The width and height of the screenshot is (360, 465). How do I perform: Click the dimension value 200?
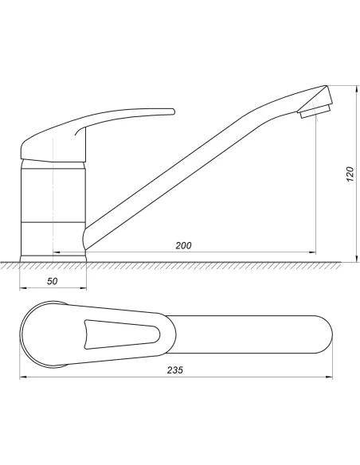click(x=183, y=245)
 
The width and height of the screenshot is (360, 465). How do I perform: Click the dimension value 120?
click(x=350, y=174)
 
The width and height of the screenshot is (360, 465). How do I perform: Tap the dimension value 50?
click(x=53, y=281)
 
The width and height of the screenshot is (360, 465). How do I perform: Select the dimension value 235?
click(x=175, y=370)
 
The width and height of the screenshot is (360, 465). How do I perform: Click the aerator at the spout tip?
click(x=315, y=111)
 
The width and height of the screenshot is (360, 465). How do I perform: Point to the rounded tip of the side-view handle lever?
click(x=173, y=111)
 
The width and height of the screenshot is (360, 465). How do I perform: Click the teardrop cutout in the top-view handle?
click(x=122, y=334)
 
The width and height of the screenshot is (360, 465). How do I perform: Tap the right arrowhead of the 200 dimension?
click(x=312, y=252)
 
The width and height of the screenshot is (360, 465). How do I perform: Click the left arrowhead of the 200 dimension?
click(x=57, y=252)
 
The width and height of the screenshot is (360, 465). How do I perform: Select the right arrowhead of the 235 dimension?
click(x=329, y=377)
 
